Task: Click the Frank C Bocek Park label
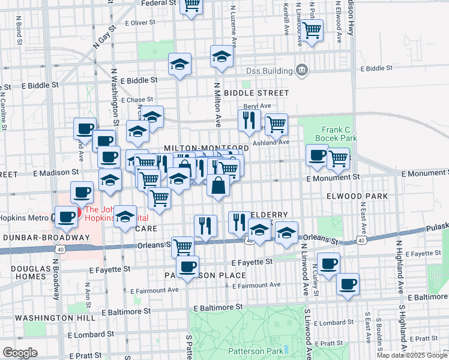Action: [339, 134]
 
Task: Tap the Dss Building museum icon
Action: [302, 70]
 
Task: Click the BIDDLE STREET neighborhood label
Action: [256, 94]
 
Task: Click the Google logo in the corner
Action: [20, 353]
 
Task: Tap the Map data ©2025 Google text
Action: [412, 355]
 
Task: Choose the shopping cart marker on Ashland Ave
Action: [276, 124]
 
